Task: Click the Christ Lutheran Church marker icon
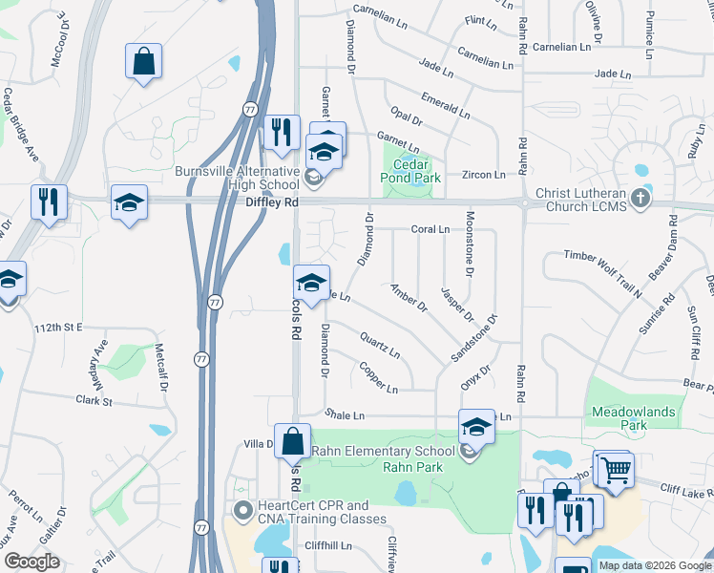(x=640, y=200)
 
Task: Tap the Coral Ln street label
(x=430, y=229)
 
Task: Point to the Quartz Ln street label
(x=380, y=344)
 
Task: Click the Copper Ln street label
(x=379, y=377)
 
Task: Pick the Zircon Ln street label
(x=486, y=175)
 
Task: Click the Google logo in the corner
(x=31, y=562)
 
